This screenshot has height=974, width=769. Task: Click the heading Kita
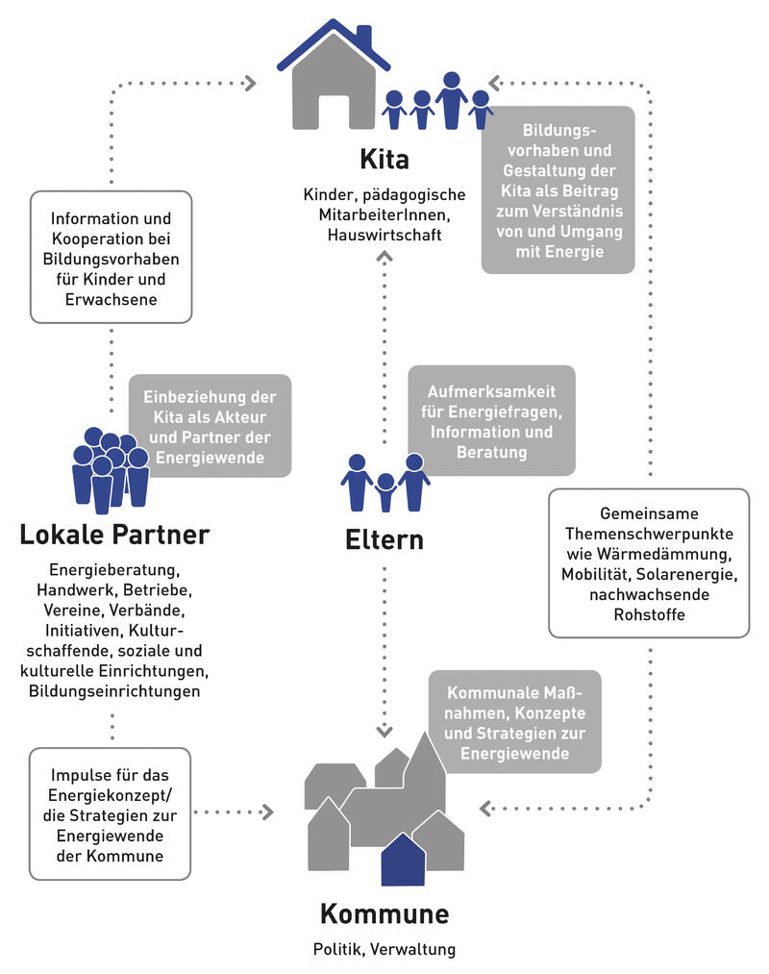pyautogui.click(x=384, y=159)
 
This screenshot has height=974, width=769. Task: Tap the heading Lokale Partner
pyautogui.click(x=114, y=534)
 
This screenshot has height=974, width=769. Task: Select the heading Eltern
pyautogui.click(x=384, y=539)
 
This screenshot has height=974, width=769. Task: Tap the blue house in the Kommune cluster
pyautogui.click(x=403, y=860)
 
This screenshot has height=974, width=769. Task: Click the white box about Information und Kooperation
pyautogui.click(x=112, y=256)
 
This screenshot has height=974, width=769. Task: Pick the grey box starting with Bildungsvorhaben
pyautogui.click(x=558, y=189)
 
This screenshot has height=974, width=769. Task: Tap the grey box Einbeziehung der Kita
pyautogui.click(x=210, y=426)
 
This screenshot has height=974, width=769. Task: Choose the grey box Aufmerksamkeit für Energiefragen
pyautogui.click(x=492, y=420)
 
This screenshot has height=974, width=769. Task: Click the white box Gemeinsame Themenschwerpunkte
pyautogui.click(x=649, y=562)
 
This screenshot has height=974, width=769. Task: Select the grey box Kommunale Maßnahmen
pyautogui.click(x=515, y=721)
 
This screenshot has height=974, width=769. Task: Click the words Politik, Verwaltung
pyautogui.click(x=384, y=950)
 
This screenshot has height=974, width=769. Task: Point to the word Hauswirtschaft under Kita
pyautogui.click(x=384, y=235)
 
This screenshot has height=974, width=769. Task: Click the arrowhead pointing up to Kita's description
pyautogui.click(x=384, y=256)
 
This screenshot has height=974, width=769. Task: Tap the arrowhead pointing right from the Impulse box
pyautogui.click(x=266, y=812)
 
